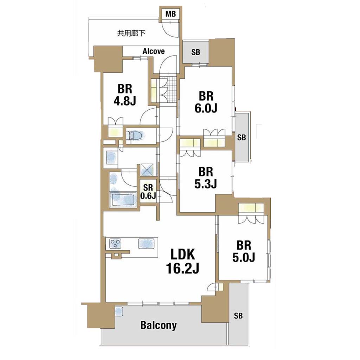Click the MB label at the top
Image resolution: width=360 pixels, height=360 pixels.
[171, 14]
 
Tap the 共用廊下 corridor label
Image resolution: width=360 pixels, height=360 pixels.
[131, 33]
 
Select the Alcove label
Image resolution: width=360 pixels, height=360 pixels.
[153, 51]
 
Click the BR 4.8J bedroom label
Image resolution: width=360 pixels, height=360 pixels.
[125, 95]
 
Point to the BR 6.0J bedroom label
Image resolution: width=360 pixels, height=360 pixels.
[206, 102]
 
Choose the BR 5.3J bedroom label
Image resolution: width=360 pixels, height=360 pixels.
[205, 178]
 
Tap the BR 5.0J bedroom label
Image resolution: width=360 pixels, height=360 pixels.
[244, 251]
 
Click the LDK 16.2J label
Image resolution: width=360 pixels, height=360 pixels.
[182, 261]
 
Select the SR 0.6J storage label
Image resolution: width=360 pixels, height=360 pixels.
[148, 192]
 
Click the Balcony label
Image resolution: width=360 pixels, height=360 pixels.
[159, 325]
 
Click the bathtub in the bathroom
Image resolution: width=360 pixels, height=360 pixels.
[123, 199]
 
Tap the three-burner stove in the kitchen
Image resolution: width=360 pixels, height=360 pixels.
[115, 244]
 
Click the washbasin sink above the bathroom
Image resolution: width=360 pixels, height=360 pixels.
[111, 158]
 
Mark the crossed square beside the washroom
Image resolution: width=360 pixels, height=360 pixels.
[147, 169]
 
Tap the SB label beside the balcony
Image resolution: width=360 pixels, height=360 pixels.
[238, 316]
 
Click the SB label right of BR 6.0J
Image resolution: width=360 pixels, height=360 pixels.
[241, 137]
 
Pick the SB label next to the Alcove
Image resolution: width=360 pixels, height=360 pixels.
[195, 52]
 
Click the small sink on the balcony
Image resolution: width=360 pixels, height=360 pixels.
[119, 311]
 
